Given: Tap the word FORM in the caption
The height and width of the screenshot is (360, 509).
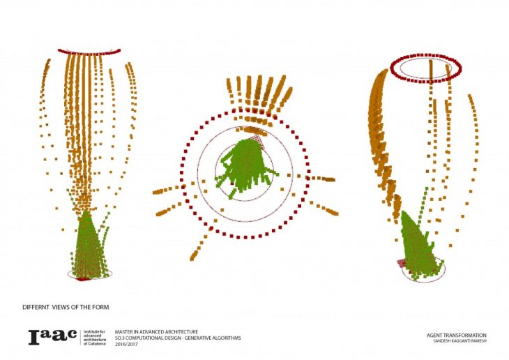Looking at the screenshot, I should click(x=100, y=307).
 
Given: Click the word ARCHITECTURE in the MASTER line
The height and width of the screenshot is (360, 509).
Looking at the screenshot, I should click(x=181, y=331).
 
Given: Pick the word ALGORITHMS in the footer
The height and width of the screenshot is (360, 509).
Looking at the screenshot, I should click(x=225, y=338).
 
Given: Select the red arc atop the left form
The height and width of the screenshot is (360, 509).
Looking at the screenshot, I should click(x=89, y=51).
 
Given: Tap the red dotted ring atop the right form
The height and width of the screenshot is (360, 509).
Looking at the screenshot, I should click(x=425, y=68).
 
